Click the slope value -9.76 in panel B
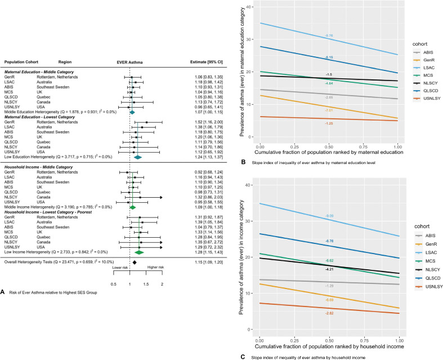329,36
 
